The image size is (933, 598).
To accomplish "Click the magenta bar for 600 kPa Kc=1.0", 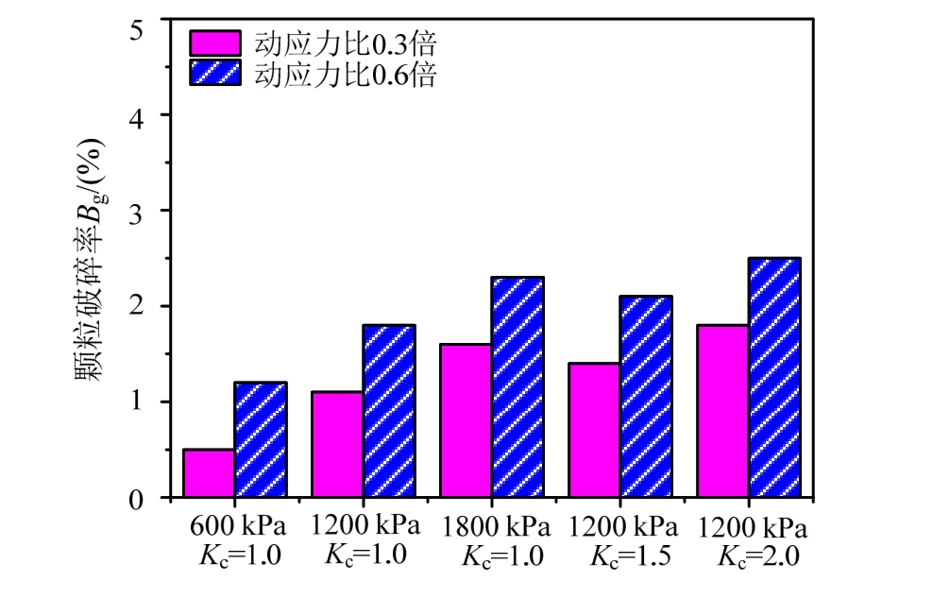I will pos(209,473).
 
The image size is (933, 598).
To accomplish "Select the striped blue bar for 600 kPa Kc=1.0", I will pos(261,439).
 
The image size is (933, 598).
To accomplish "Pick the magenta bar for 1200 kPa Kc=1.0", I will pos(337,444).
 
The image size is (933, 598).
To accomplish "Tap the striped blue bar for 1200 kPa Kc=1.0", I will pos(389,411).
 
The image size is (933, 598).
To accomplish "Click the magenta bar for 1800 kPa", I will pos(466,420).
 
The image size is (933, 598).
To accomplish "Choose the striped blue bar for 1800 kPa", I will pos(517,387).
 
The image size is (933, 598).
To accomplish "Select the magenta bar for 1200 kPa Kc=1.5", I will pos(594,430).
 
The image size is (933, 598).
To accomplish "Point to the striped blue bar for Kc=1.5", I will pos(646,397).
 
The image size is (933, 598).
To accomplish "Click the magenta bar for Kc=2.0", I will pos(722,411).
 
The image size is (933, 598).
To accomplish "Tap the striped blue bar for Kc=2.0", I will pos(774,378).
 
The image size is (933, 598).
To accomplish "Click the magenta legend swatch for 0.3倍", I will pos(216,43).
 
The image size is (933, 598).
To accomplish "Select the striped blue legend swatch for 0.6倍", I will pos(216,74).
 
